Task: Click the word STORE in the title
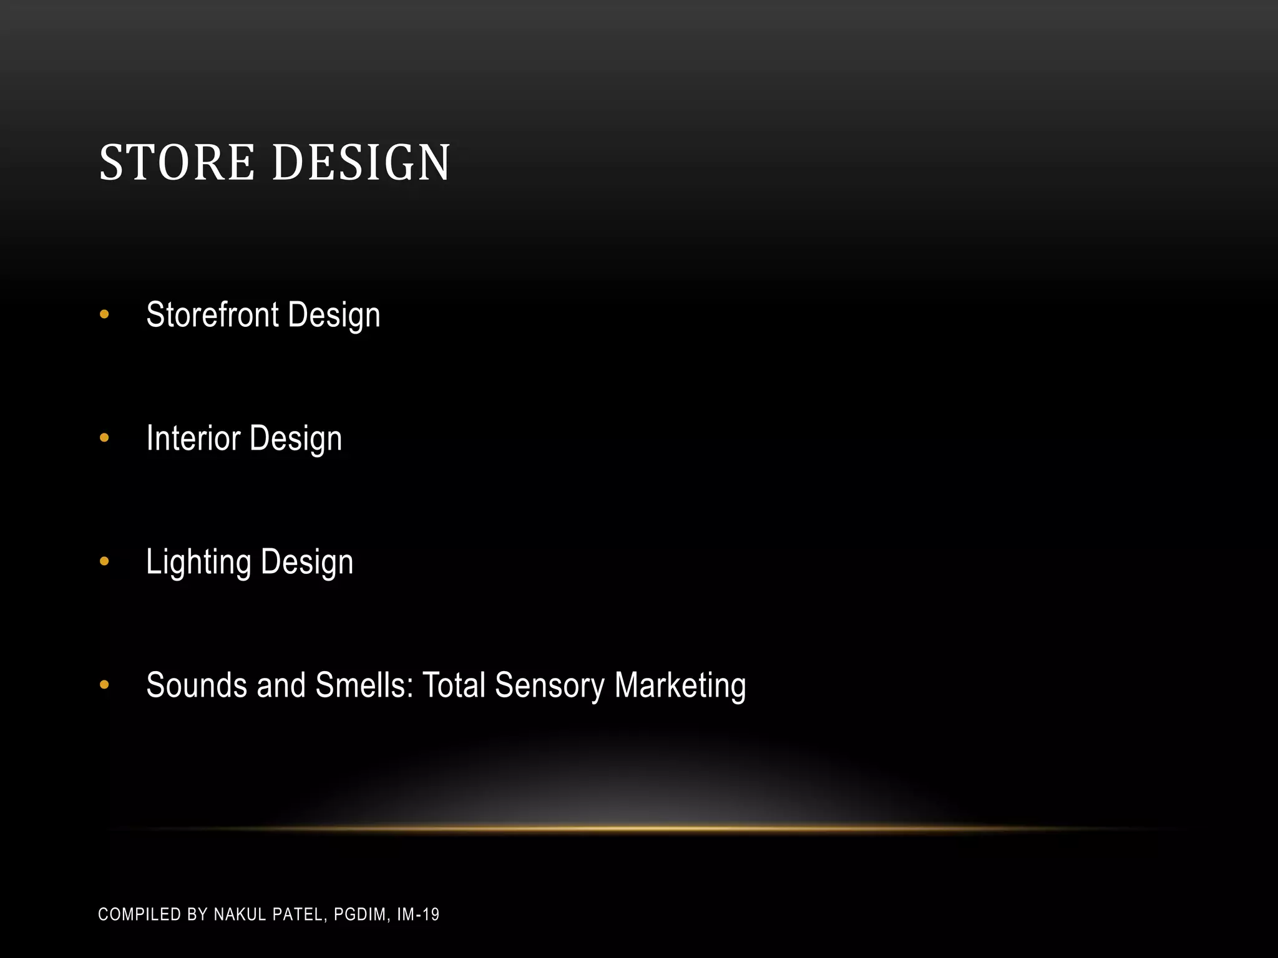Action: pos(177,163)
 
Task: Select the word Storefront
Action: pos(212,314)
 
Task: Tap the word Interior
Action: pos(193,438)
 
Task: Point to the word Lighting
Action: pos(198,563)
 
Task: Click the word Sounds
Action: pos(196,685)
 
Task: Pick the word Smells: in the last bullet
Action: pos(364,685)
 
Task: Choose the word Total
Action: pos(454,685)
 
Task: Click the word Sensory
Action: pos(549,686)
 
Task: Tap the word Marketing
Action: pos(680,686)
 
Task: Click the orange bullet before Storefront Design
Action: pos(104,315)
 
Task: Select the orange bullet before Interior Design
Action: pos(104,438)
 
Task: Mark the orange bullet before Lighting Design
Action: pos(104,562)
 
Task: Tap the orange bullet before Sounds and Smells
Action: pos(104,685)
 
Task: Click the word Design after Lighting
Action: pos(307,563)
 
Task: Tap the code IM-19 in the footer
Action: pos(418,914)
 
